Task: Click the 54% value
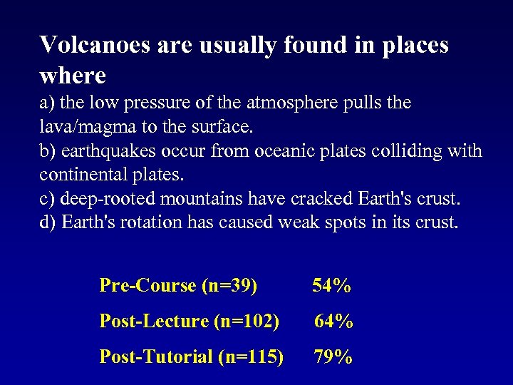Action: coord(331,286)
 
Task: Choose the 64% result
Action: coord(334,322)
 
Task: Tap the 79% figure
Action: coord(333,356)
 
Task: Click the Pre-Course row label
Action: coord(147,286)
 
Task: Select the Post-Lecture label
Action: coord(153,322)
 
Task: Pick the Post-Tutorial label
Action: coord(156,356)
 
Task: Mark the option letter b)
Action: coord(48,151)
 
